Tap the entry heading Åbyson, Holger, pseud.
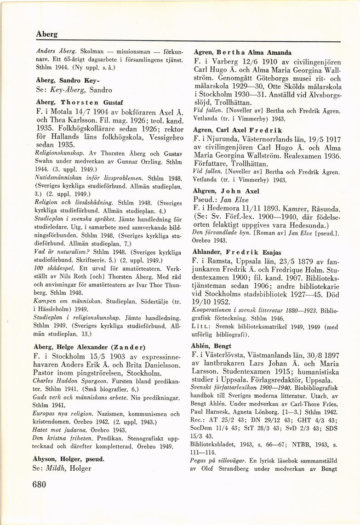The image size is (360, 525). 69,458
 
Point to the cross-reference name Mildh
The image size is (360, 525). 64,468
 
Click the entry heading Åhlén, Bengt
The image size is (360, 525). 211,346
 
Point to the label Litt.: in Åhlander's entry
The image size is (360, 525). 200,327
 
